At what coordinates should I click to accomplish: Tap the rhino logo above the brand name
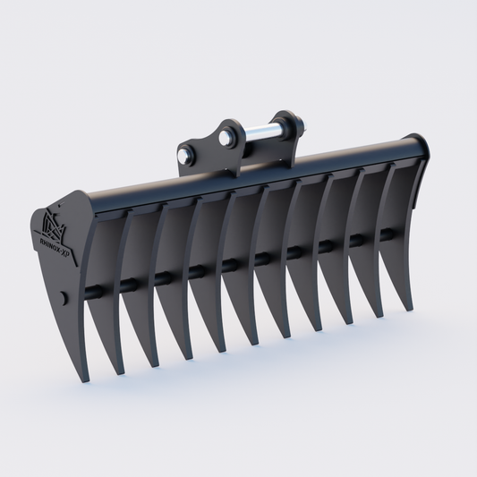(51, 223)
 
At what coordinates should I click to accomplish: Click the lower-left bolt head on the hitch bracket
(184, 155)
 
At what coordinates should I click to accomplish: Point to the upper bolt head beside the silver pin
(226, 137)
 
